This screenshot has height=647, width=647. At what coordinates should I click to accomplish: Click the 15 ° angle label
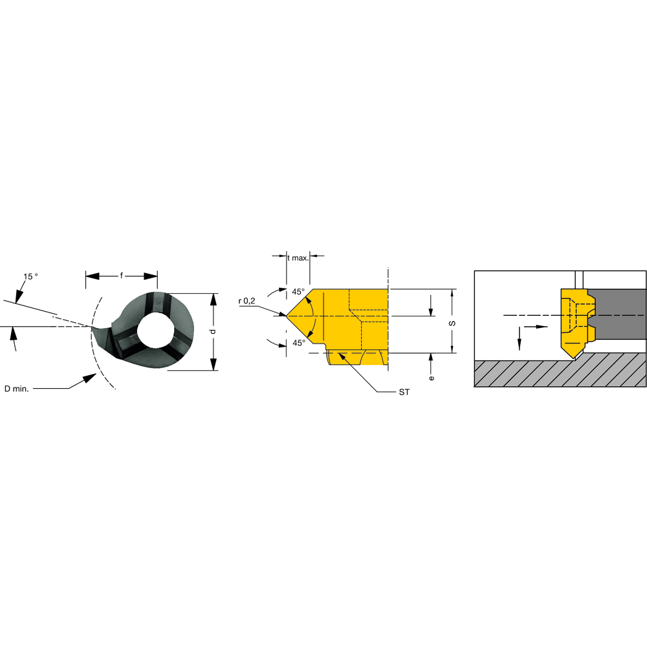click(30, 276)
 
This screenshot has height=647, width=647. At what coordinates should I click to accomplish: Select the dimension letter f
click(122, 276)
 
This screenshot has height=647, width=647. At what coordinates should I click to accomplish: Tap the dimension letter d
click(213, 331)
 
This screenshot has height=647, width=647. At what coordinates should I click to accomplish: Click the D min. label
click(17, 388)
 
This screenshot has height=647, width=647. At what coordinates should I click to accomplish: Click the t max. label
click(298, 257)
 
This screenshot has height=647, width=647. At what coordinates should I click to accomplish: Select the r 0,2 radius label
click(248, 301)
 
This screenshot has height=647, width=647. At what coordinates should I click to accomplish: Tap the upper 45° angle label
click(298, 292)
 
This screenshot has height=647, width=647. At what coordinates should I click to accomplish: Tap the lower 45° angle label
click(298, 342)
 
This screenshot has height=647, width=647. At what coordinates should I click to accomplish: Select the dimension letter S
click(452, 322)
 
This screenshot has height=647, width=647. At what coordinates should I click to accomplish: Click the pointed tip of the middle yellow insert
click(289, 316)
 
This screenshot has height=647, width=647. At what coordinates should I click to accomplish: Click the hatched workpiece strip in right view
click(560, 373)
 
